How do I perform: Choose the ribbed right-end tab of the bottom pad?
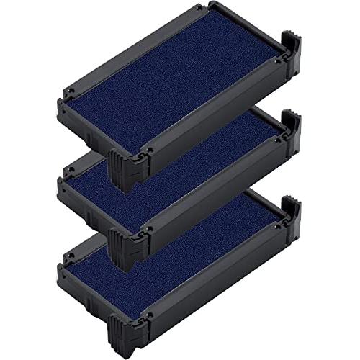pos(292,206)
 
